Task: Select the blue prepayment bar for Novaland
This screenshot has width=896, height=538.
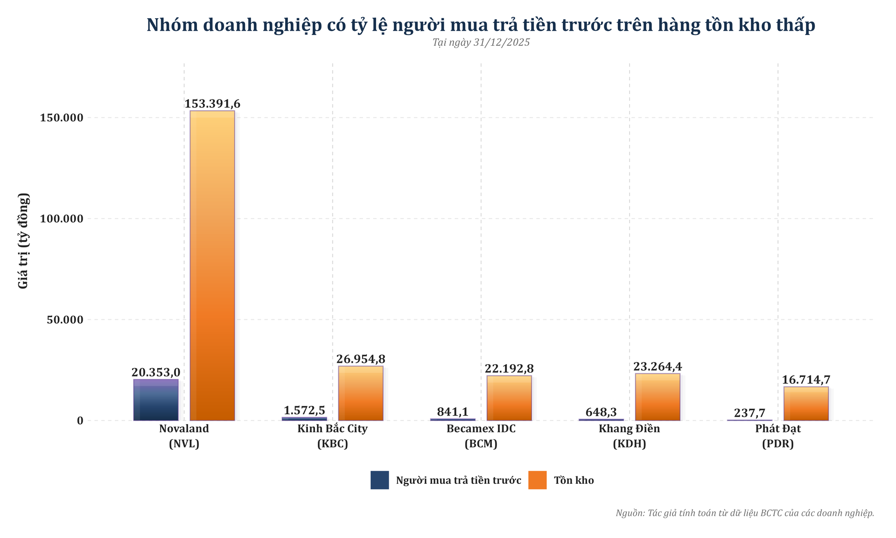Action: pos(156,400)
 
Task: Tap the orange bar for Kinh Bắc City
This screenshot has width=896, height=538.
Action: pos(360,393)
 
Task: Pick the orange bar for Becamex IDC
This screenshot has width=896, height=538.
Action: pos(509,398)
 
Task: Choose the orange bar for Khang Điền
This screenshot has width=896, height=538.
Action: pos(657,397)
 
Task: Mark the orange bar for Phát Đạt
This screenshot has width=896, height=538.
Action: pos(805,403)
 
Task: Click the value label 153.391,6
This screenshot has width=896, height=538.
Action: pos(212,104)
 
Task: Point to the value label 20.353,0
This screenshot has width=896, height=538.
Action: pos(156,372)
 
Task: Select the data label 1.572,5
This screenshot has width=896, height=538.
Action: pos(304,410)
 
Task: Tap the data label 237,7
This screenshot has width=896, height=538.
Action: pos(749,413)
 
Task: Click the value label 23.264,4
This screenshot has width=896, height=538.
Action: pos(658,366)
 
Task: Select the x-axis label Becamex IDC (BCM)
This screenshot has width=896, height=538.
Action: pos(481,436)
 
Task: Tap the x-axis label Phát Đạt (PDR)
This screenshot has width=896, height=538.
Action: pos(777,436)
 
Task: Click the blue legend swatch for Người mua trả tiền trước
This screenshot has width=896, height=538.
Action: pos(379,480)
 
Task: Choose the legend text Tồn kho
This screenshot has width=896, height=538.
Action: pos(574,480)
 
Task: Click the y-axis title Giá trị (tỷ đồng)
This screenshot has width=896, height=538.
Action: pos(23,241)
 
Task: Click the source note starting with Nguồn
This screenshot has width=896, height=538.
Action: pos(744,513)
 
